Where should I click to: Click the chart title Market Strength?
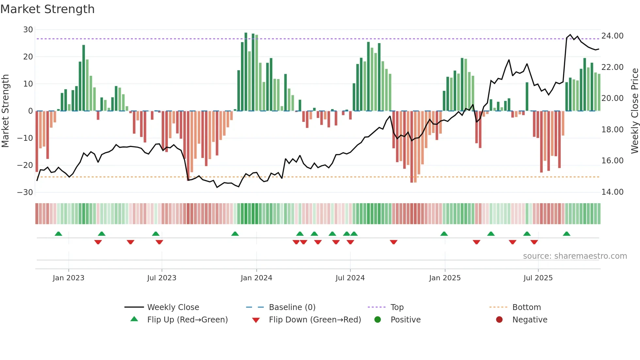[x=47, y=9]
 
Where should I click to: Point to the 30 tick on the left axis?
[x=28, y=30]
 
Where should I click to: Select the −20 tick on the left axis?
[x=25, y=165]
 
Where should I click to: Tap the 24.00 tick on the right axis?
[x=612, y=36]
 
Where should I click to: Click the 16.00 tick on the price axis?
[x=612, y=161]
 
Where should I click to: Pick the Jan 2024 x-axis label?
[x=256, y=278]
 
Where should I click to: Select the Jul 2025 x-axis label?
[x=538, y=278]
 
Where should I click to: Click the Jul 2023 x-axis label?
[x=162, y=278]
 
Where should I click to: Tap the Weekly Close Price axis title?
[x=634, y=111]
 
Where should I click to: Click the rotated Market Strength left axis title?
[x=6, y=111]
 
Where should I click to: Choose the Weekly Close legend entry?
[x=173, y=307]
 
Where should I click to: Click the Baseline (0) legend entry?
[x=292, y=307]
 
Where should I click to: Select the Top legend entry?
[x=397, y=307]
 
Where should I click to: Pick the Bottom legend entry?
[x=526, y=307]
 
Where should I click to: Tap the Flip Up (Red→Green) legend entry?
[x=187, y=320]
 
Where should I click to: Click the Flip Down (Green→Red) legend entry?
[x=315, y=320]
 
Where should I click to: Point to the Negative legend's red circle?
[x=499, y=320]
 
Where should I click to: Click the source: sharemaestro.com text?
[x=575, y=256]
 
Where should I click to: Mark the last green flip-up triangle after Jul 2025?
[x=567, y=234]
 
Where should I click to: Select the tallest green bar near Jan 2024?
[x=246, y=72]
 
